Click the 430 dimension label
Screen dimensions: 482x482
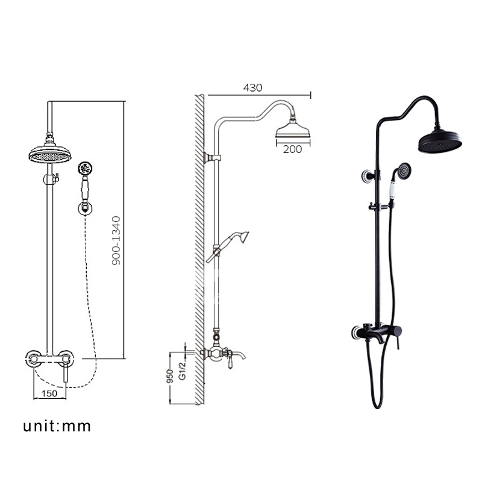[x=252, y=87]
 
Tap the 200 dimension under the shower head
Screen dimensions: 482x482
[x=292, y=149]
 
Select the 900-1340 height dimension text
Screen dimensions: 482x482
[x=116, y=240]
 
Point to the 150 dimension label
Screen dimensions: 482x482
[x=49, y=393]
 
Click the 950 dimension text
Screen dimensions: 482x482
[x=170, y=376]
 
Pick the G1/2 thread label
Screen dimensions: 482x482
[x=183, y=371]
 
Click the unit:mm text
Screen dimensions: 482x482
[x=57, y=427]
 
